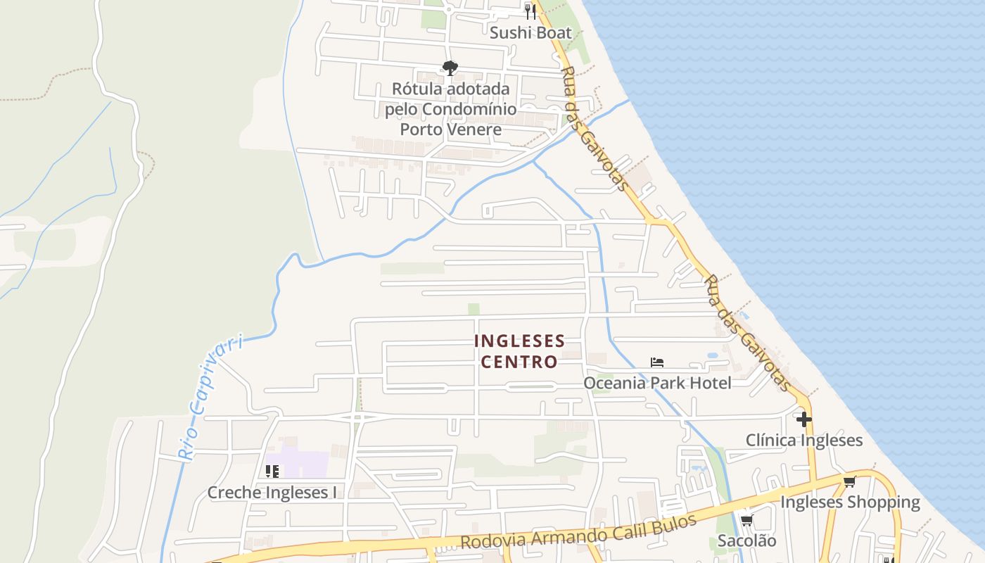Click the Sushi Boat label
(x=530, y=32)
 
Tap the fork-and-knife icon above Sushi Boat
(x=530, y=11)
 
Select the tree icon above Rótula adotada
(x=450, y=68)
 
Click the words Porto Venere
(x=451, y=129)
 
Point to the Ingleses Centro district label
(x=519, y=351)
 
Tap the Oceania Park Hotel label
(x=657, y=383)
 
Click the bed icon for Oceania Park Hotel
(x=657, y=362)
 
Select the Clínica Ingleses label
(x=804, y=441)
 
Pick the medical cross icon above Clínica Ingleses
(x=804, y=420)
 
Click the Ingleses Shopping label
(x=850, y=502)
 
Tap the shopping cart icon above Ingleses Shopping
(x=850, y=482)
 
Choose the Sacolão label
(x=746, y=540)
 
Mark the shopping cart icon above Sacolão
(x=746, y=521)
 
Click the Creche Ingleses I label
(x=272, y=493)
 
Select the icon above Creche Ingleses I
(x=272, y=472)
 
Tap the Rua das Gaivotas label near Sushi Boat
(x=594, y=128)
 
